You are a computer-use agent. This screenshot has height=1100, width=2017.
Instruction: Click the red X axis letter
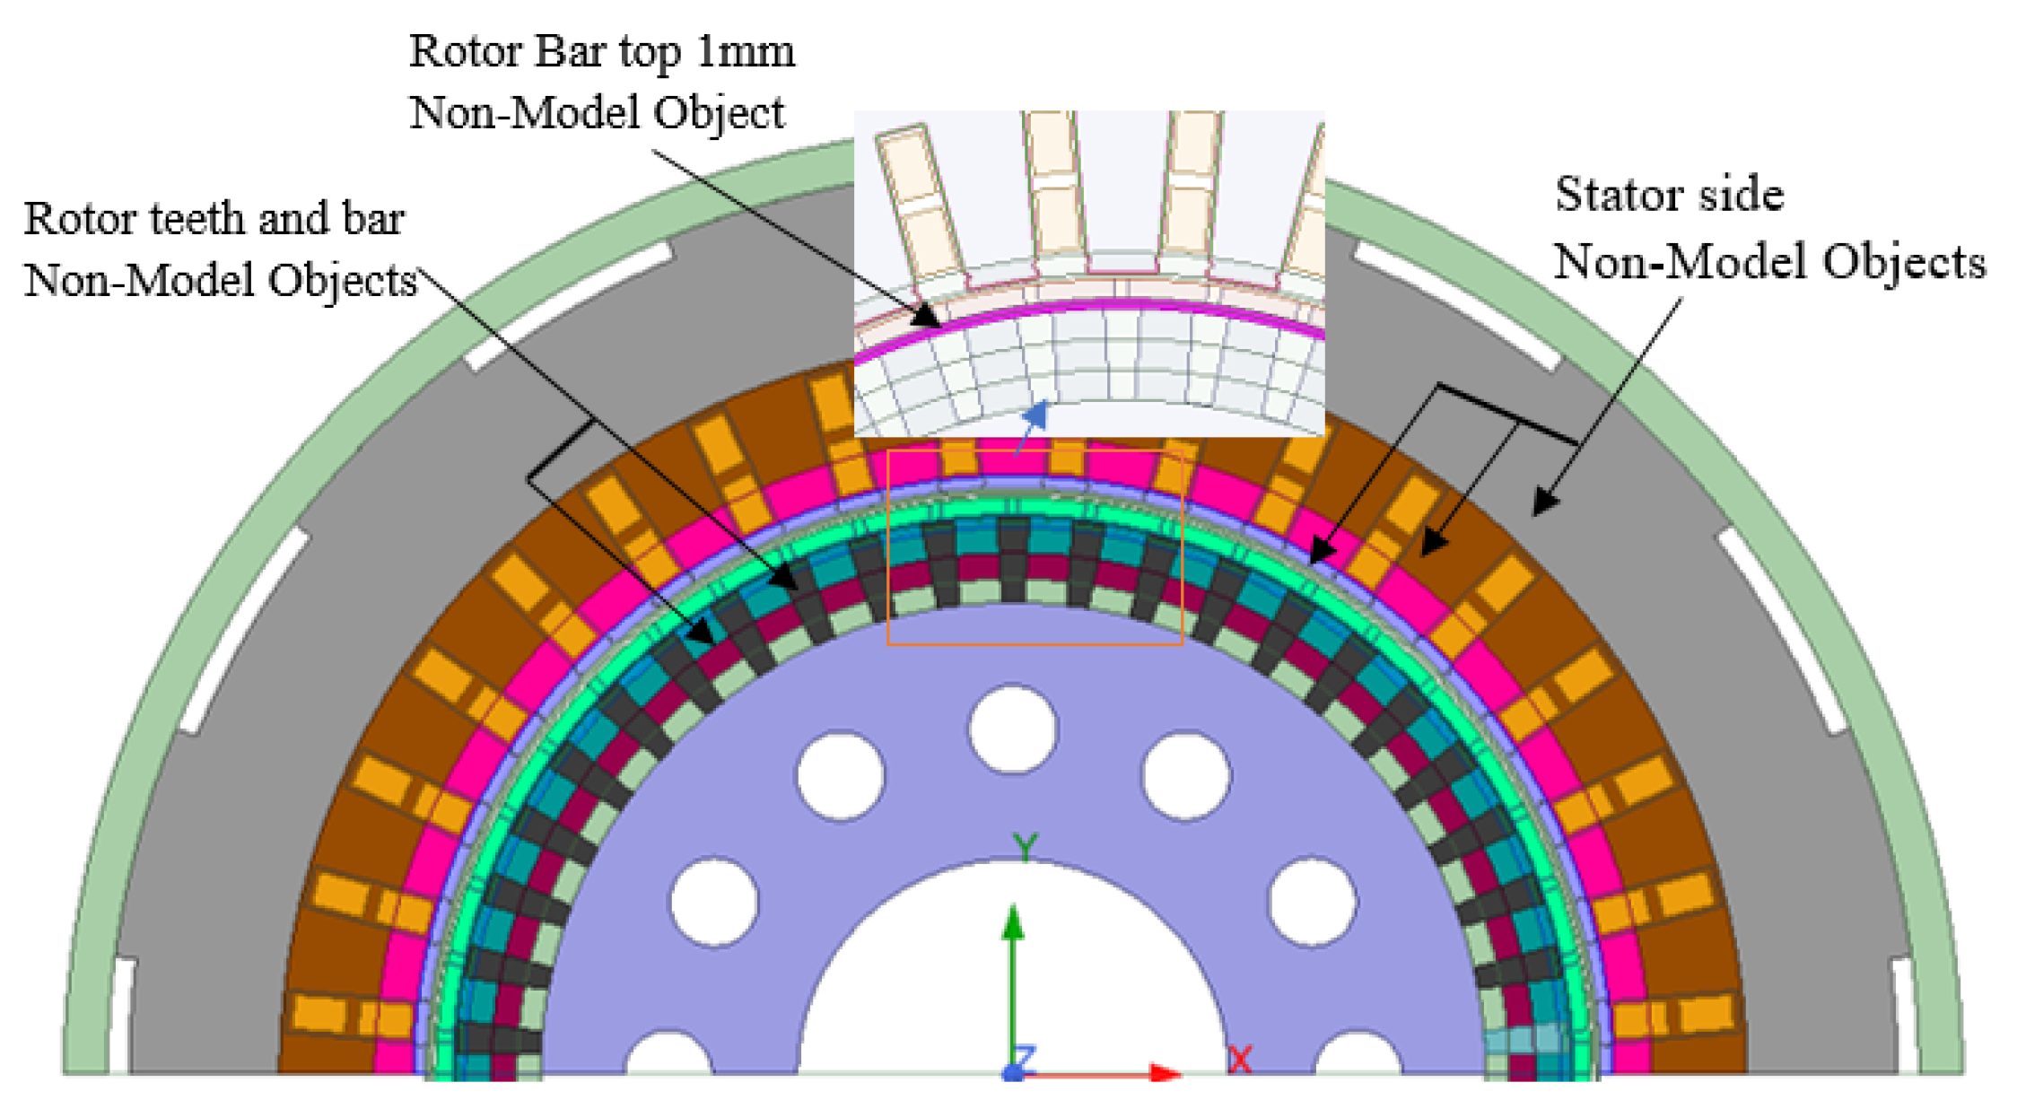point(1239,1060)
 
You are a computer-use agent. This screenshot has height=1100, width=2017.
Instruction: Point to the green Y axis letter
point(1025,845)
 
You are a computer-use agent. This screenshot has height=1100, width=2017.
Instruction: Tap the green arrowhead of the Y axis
point(1013,921)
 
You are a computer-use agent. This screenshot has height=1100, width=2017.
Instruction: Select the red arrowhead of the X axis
point(1166,1073)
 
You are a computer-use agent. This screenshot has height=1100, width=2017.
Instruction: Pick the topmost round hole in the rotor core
point(1013,729)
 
